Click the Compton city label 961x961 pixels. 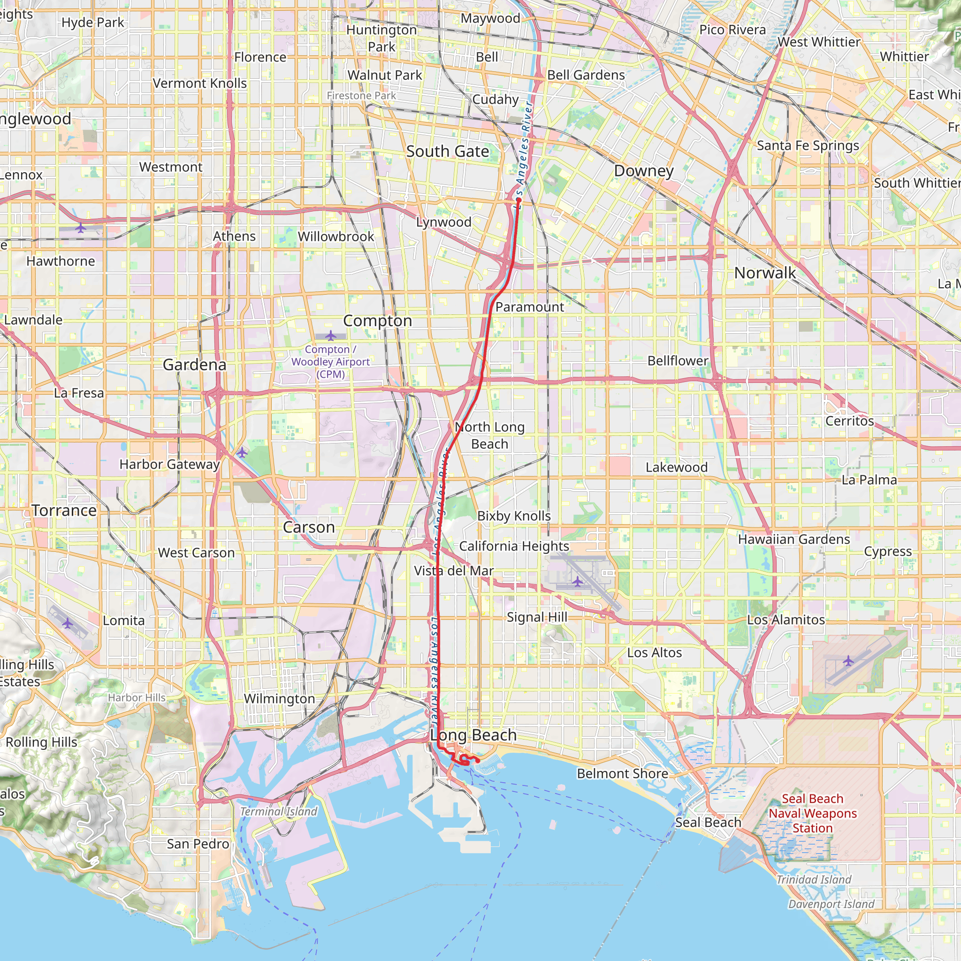[x=378, y=321]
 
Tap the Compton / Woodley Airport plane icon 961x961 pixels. [x=331, y=336]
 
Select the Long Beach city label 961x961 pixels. [x=473, y=735]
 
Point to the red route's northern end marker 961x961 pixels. [x=519, y=200]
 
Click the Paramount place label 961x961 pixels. [x=529, y=307]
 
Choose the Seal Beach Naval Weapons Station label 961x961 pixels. [x=812, y=813]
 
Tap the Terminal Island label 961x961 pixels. [x=278, y=812]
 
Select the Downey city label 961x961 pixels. [x=644, y=171]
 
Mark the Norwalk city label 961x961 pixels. [x=764, y=273]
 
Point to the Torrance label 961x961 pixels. [x=64, y=511]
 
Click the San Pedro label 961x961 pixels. [x=198, y=844]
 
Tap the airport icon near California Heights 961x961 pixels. [x=577, y=581]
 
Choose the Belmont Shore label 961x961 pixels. [x=622, y=773]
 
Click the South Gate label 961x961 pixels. [x=447, y=151]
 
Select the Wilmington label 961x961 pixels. [x=279, y=698]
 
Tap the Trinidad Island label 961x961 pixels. [x=814, y=879]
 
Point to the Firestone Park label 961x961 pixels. [x=361, y=96]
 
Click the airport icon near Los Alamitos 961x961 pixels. [x=848, y=661]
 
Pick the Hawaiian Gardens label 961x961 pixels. [x=793, y=539]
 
